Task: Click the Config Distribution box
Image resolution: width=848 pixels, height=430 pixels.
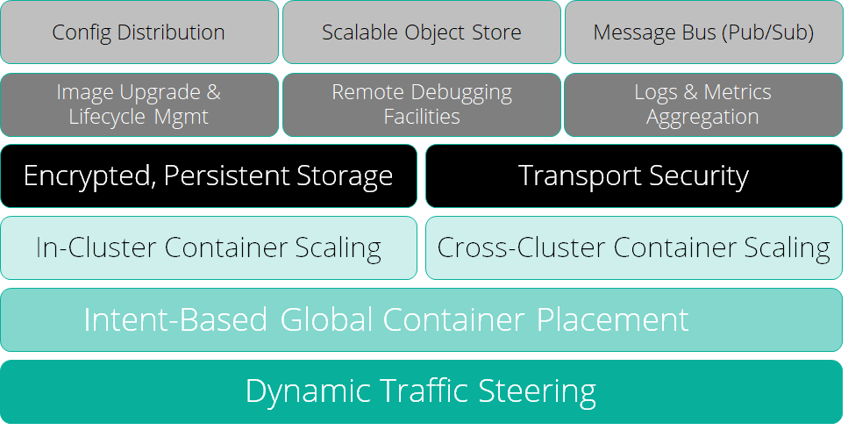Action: pos(139,32)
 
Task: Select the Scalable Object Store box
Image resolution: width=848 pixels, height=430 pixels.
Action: pos(421,32)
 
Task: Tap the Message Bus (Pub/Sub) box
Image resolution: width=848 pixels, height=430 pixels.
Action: pos(703,32)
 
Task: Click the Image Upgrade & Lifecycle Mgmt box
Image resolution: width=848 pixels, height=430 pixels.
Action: pos(139,104)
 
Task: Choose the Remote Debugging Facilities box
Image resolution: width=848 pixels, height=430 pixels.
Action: pos(421,104)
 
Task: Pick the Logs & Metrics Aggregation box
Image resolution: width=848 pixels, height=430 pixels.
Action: pos(703,104)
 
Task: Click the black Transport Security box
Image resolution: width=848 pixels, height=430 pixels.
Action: pos(633,176)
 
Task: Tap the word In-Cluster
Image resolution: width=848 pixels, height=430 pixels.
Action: pos(93,248)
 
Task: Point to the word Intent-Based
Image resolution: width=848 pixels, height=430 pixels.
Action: pos(175,319)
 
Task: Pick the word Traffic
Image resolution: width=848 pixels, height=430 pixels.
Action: pos(416,391)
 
